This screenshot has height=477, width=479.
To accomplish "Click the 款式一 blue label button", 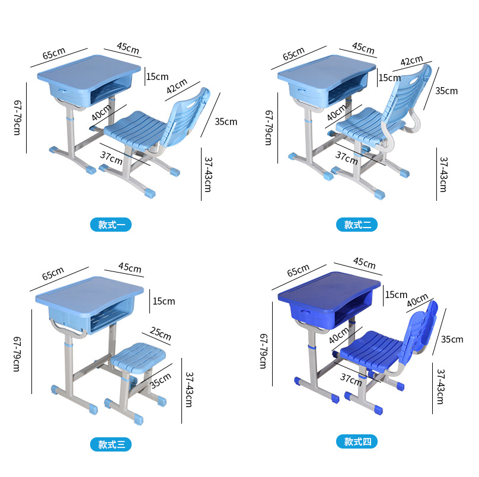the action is coord(111,225).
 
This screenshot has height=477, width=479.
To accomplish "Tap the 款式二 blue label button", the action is coord(357,225).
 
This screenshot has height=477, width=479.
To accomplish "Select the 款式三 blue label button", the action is coord(111,444).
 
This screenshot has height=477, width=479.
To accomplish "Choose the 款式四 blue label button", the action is coord(357,441).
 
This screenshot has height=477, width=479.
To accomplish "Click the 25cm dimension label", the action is coord(161,333).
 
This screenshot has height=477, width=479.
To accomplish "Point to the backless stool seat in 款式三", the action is coord(138,357).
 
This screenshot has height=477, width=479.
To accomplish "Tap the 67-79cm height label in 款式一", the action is coord(18,117).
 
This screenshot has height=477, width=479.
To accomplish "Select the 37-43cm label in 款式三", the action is coord(189,389).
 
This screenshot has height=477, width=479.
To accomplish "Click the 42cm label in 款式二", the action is coord(412,60).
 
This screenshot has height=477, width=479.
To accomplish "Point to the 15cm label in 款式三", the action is coord(164,302).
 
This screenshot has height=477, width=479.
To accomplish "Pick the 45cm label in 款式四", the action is coord(364,262).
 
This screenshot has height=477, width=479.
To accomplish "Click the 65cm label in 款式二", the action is coord(293,54).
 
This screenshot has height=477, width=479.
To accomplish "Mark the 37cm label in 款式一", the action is coord(111,158).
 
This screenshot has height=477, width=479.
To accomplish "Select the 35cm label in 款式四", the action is coord(452,340).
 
